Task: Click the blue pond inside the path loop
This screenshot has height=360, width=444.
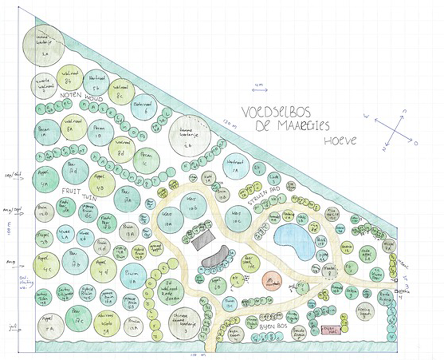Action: [293, 241]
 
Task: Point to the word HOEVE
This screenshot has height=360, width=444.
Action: [341, 140]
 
